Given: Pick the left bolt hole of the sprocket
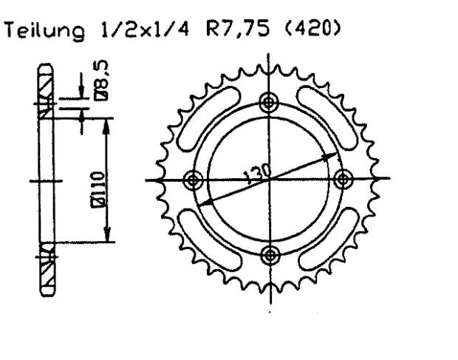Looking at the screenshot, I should point(194,179).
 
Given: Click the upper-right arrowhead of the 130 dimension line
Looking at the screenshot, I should point(334,157).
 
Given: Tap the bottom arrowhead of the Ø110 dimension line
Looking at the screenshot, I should point(109,237).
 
